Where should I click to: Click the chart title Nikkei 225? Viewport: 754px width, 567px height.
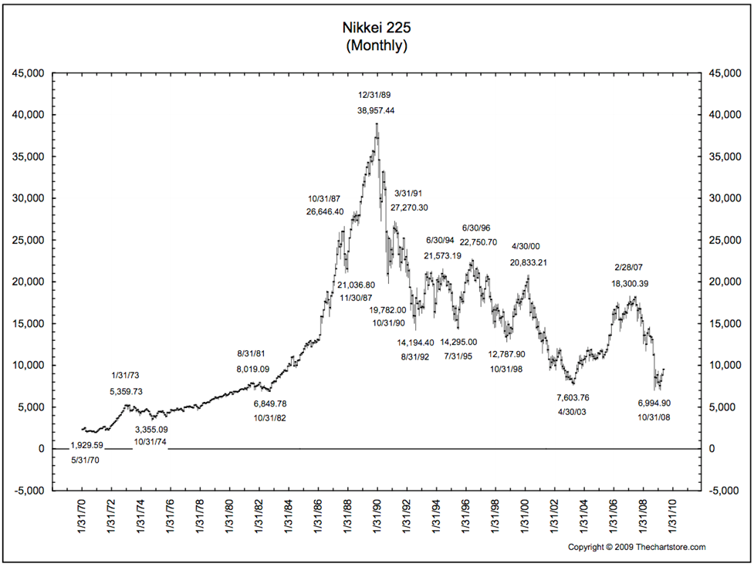[377, 28]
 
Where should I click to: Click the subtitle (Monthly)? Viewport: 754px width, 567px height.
[377, 46]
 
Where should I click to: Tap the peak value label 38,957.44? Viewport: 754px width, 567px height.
[376, 110]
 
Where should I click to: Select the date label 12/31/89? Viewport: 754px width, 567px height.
[376, 94]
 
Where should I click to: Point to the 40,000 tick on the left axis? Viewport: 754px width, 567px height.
[32, 115]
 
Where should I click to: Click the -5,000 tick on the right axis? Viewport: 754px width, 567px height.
[725, 491]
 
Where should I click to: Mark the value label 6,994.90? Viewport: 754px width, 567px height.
[654, 403]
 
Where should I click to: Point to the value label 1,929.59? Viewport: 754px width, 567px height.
[86, 445]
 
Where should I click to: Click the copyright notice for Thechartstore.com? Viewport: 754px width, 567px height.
[637, 547]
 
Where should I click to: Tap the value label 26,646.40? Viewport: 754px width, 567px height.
[325, 211]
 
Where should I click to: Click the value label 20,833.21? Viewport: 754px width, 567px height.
[528, 262]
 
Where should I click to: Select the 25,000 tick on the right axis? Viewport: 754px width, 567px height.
[725, 240]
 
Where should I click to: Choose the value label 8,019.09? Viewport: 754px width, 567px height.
[253, 369]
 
